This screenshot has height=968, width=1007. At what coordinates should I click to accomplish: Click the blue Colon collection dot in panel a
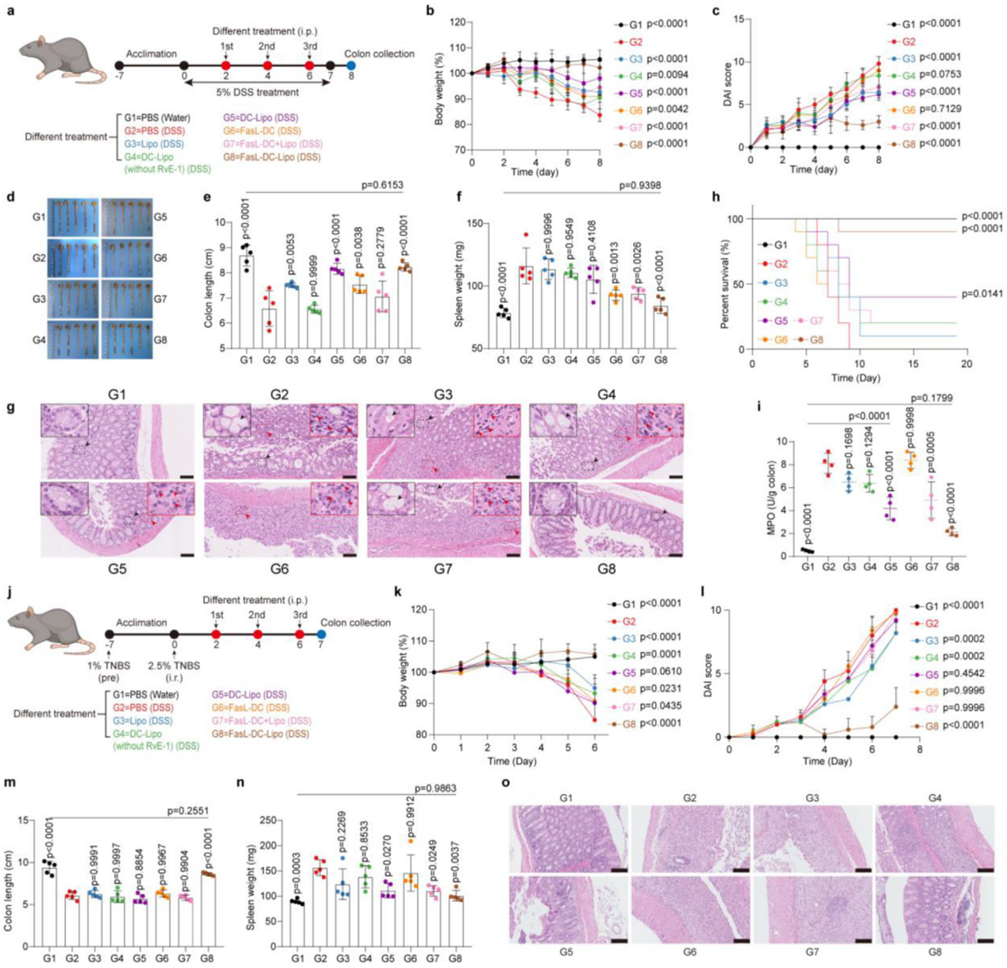(x=351, y=66)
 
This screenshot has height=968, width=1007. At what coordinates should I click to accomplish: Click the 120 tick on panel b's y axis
(x=457, y=22)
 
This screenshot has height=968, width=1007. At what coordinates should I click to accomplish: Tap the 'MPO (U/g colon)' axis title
(x=770, y=499)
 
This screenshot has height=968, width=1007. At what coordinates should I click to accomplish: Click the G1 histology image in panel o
(x=569, y=839)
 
